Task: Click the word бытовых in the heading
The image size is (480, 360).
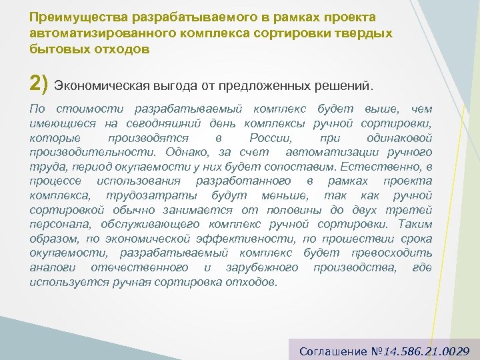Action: pos(57,49)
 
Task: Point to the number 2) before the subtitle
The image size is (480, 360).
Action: pos(39,85)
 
